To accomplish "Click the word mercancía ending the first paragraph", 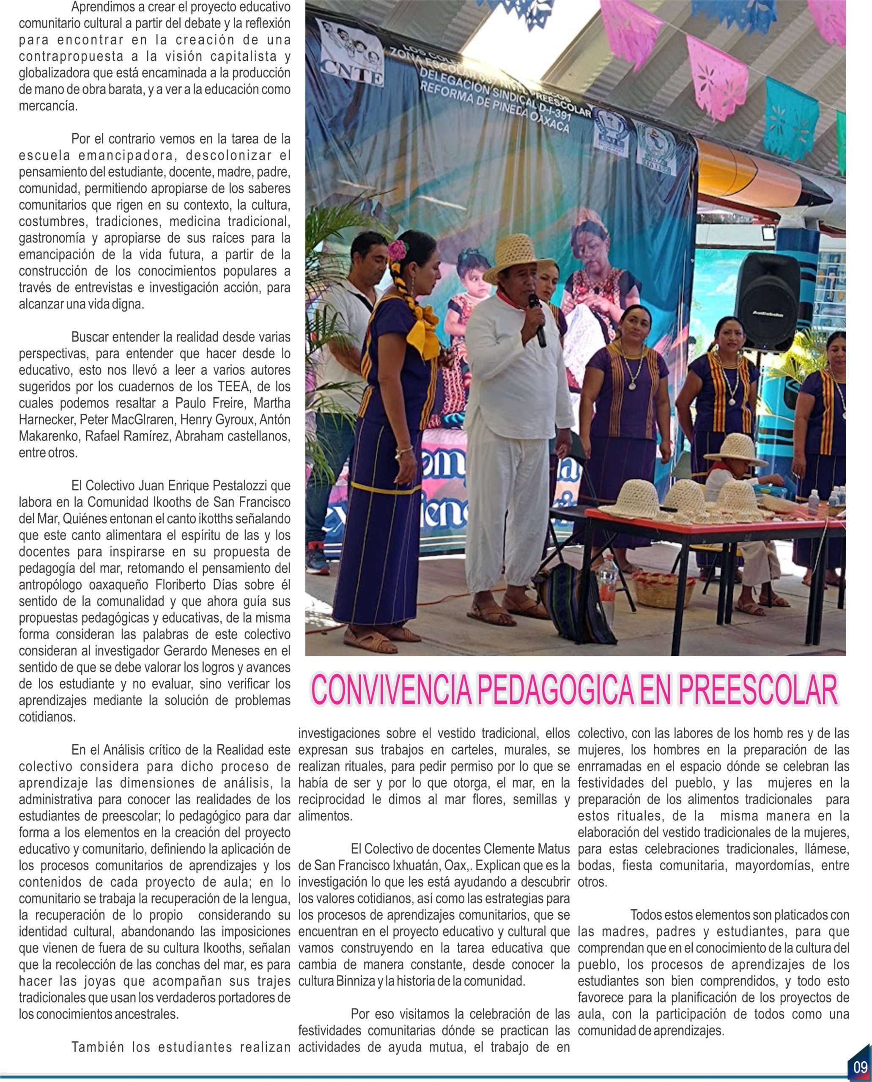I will [48, 107].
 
